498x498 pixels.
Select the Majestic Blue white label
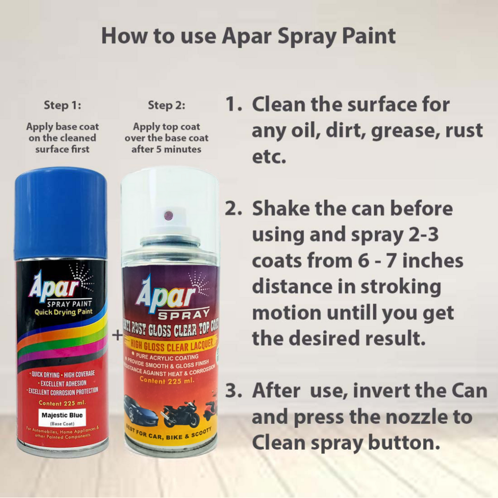62,417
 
